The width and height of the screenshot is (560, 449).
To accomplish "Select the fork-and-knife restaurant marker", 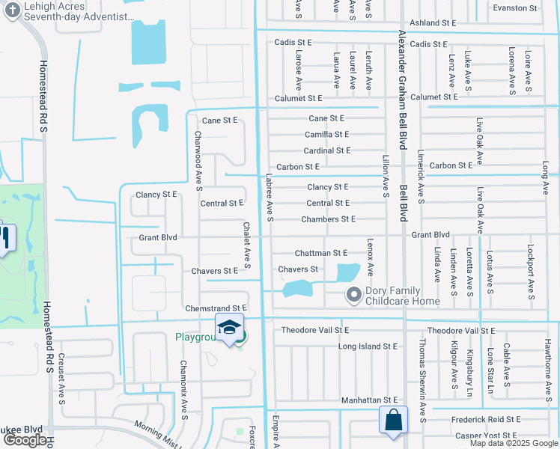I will coord(4,239).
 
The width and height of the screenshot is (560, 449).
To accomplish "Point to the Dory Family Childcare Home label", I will coord(403,296).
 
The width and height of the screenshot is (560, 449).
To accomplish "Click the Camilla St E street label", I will coord(326,135).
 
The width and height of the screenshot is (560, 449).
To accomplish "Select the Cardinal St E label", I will coord(327,150).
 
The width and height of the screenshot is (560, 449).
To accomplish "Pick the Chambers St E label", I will coord(328,219).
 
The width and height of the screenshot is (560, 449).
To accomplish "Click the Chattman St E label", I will coord(321,254).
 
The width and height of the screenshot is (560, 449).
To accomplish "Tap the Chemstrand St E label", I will coord(216,308).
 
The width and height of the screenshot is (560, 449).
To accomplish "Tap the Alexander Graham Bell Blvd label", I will coord(402,90).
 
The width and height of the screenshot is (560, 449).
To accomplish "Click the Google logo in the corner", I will coord(24,440).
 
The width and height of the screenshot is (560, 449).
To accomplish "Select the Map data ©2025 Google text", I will coord(514,443).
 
